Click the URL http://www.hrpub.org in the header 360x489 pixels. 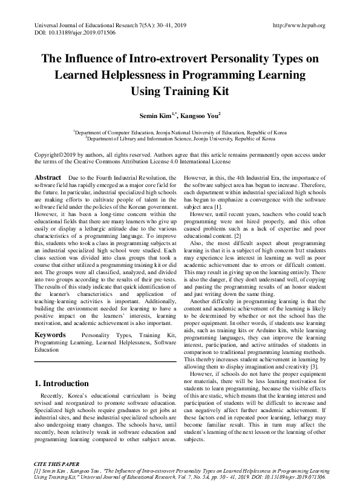click(299, 25)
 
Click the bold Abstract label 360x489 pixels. click(48, 177)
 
